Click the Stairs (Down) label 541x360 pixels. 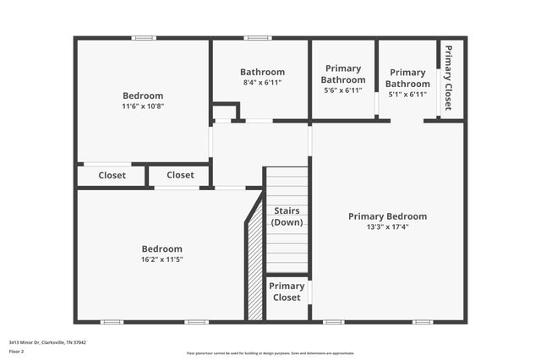pyautogui.click(x=287, y=215)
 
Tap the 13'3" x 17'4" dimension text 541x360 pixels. pyautogui.click(x=387, y=227)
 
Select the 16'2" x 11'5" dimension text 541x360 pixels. pyautogui.click(x=161, y=259)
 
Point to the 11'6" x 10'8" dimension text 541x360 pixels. pyautogui.click(x=143, y=106)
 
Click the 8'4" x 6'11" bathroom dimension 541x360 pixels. pyautogui.click(x=262, y=83)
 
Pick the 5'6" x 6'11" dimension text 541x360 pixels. pyautogui.click(x=342, y=90)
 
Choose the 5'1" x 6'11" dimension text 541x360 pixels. pyautogui.click(x=407, y=94)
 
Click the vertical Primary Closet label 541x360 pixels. pyautogui.click(x=448, y=78)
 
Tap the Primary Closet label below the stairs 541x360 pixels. pyautogui.click(x=287, y=292)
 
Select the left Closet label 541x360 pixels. pyautogui.click(x=112, y=176)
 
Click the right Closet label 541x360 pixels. pyautogui.click(x=180, y=176)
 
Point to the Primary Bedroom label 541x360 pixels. pyautogui.click(x=387, y=216)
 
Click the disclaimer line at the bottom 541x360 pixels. pyautogui.click(x=270, y=353)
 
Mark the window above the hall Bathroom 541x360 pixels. pyautogui.click(x=257, y=37)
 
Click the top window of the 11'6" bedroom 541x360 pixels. pyautogui.click(x=144, y=37)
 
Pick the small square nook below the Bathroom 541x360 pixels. pyautogui.click(x=224, y=112)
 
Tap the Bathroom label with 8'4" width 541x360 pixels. pyautogui.click(x=262, y=72)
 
